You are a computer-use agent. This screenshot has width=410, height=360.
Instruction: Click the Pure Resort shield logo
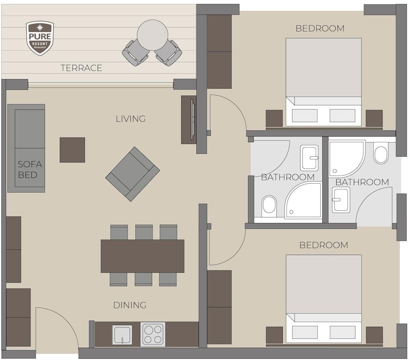(x=40, y=38)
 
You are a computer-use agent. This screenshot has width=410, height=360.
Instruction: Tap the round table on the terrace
(x=153, y=35)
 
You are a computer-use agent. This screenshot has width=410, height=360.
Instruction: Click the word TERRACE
(x=81, y=68)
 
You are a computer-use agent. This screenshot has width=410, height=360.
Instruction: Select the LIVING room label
(x=131, y=118)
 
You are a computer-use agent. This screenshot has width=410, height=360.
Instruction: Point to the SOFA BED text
(x=30, y=169)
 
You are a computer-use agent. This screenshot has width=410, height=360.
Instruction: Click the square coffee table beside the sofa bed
(x=73, y=150)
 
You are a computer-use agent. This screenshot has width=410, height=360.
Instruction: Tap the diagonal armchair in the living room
(x=132, y=174)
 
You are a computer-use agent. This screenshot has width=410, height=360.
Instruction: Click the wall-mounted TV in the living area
(x=193, y=119)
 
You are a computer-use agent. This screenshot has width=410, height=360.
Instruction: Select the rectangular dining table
(x=143, y=256)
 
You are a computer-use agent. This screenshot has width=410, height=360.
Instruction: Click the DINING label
(x=130, y=305)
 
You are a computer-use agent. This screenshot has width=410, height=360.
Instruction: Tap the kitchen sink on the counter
(x=122, y=335)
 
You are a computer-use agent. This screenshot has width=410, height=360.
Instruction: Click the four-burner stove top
(x=153, y=335)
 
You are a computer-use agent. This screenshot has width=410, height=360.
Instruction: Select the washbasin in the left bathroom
(x=309, y=157)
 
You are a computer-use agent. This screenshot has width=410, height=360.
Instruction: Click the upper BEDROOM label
(x=320, y=28)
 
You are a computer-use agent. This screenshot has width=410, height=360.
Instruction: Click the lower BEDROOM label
(x=324, y=245)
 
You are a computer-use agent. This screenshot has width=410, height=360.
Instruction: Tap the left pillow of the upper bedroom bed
(x=305, y=116)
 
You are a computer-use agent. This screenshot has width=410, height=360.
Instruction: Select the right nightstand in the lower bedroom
(x=374, y=335)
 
